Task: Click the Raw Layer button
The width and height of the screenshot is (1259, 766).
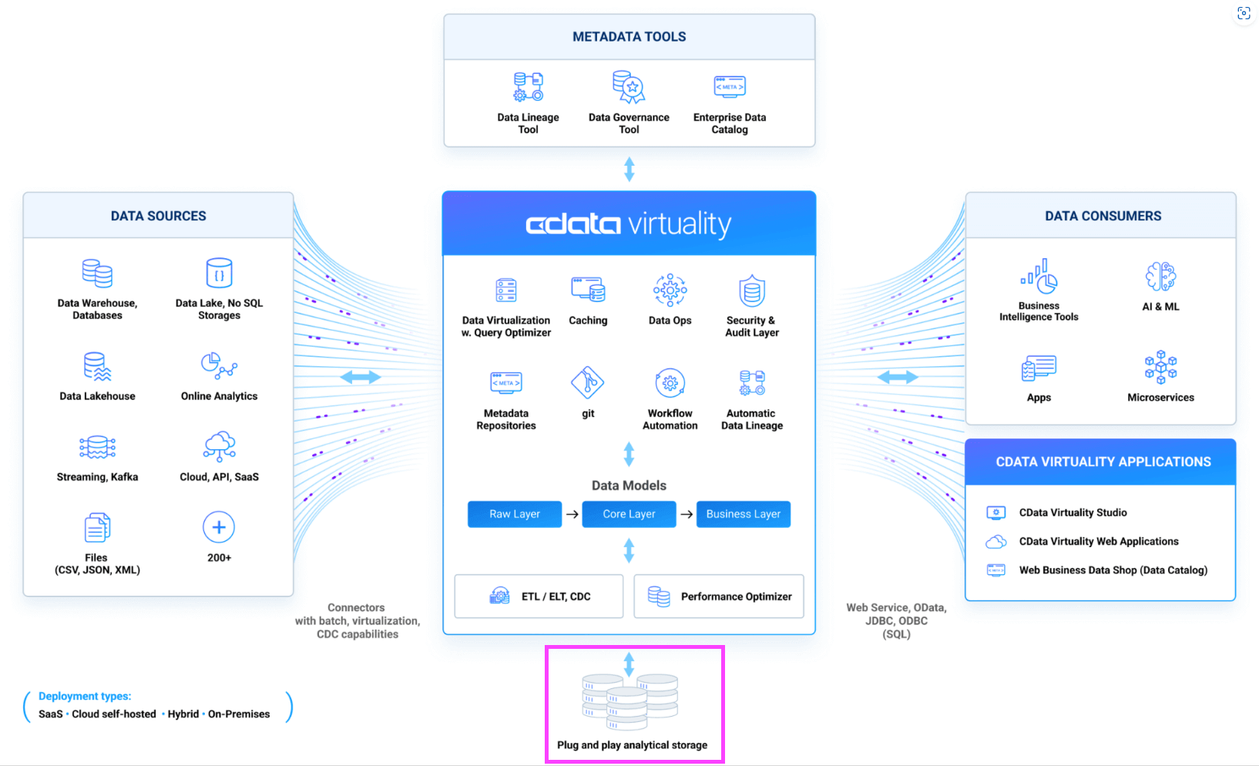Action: coord(514,514)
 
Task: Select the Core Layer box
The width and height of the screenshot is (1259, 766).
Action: coord(629,514)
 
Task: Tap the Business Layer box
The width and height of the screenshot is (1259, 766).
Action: coord(743,514)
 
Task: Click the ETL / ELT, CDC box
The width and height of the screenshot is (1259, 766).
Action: coord(539,596)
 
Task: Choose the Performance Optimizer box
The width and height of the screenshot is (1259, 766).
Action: coord(719,596)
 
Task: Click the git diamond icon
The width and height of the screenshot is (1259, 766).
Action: coord(587,383)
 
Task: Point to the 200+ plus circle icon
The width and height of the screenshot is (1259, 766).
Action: coord(219,527)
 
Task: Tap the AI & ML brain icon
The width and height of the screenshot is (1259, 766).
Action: coord(1160,277)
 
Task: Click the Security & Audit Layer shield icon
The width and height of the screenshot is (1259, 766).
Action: coord(752,291)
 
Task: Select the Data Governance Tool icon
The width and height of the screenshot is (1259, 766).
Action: coord(629,87)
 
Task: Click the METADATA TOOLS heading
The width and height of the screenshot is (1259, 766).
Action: coord(629,37)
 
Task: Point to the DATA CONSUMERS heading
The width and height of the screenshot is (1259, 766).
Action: coord(1103,217)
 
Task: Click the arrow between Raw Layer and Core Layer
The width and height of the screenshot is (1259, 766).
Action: coord(572,514)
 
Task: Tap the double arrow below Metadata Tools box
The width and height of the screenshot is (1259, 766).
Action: coord(629,170)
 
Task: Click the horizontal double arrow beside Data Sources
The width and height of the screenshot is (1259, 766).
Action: coord(361,377)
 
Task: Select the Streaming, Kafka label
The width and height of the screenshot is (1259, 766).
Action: coord(97,477)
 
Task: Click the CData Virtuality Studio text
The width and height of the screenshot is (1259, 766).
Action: coord(1073,512)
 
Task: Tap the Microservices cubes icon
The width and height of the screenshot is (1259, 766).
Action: coord(1160,368)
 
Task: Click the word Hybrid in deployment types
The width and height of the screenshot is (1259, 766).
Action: coord(183,714)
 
